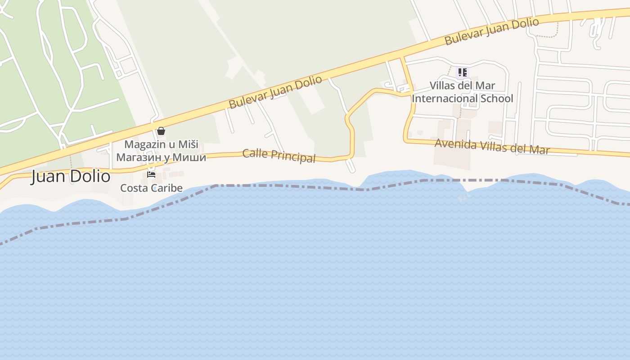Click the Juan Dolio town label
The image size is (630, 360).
pyautogui.click(x=71, y=176)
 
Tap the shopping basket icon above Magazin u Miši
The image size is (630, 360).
pyautogui.click(x=161, y=131)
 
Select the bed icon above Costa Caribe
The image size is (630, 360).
pyautogui.click(x=151, y=175)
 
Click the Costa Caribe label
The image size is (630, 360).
pyautogui.click(x=151, y=188)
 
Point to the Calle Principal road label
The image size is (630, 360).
pyautogui.click(x=279, y=155)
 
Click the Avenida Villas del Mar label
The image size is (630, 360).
pyautogui.click(x=492, y=147)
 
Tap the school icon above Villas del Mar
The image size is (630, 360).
pyautogui.click(x=462, y=72)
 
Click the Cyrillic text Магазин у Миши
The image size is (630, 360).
pyautogui.click(x=161, y=157)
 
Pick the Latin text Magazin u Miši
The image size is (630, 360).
pyautogui.click(x=161, y=144)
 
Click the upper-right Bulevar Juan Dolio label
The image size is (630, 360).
pyautogui.click(x=491, y=31)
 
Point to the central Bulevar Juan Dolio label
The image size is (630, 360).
pyautogui.click(x=275, y=92)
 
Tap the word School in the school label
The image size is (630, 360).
pyautogui.click(x=497, y=98)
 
